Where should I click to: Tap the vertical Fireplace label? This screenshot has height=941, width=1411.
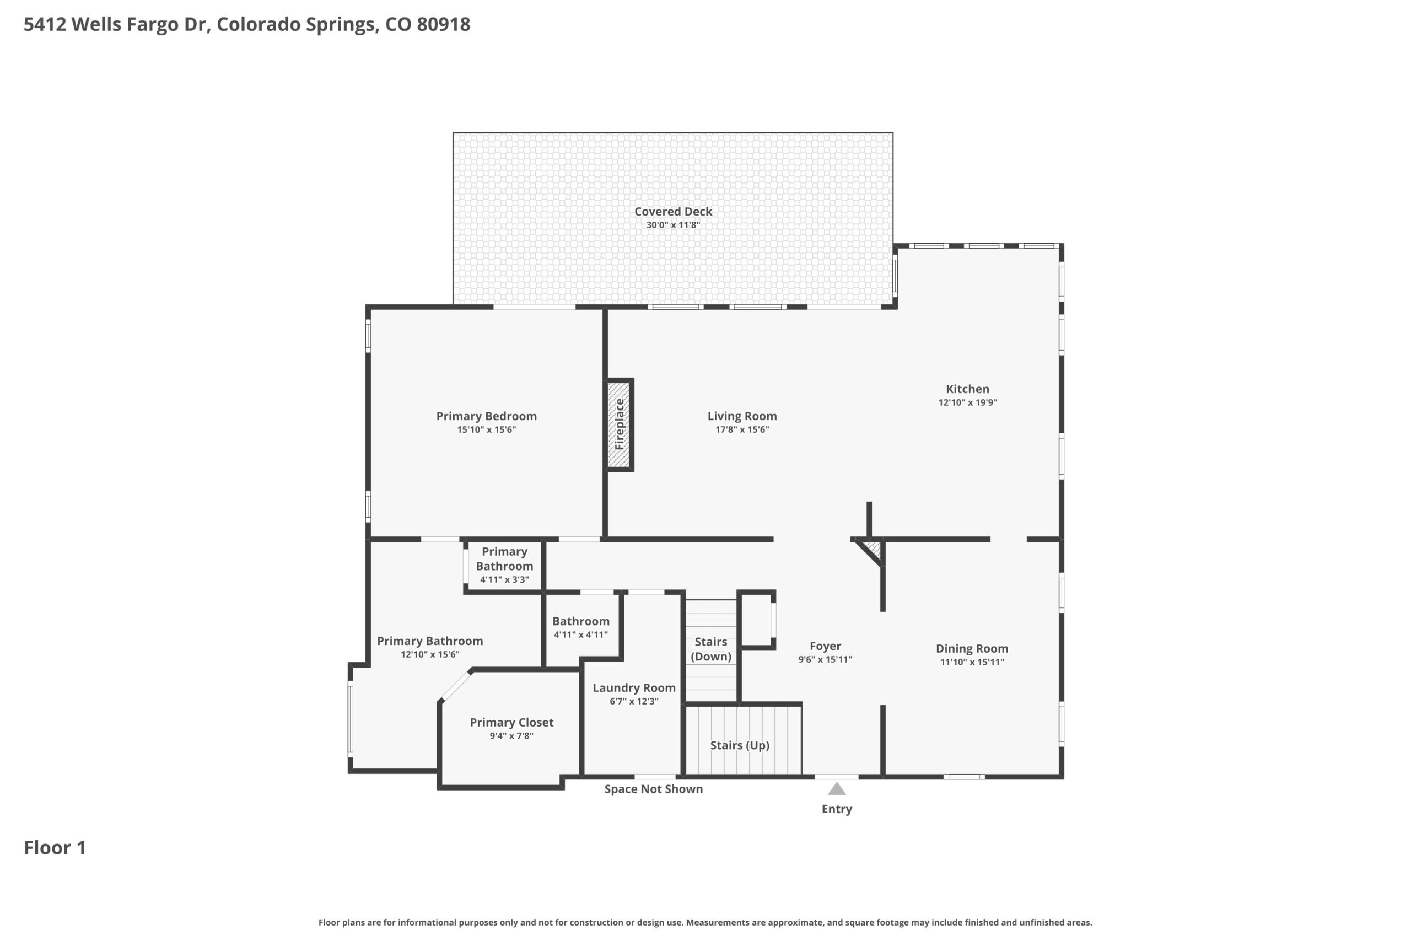(x=620, y=424)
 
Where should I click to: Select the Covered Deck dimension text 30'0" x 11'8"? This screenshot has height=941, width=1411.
(x=673, y=225)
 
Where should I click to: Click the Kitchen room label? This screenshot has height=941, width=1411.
(x=968, y=389)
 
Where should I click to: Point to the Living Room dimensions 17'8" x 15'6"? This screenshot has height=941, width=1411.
(x=742, y=429)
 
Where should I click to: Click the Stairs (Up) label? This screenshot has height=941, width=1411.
(x=740, y=745)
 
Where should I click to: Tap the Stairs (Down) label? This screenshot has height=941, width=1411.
(x=711, y=649)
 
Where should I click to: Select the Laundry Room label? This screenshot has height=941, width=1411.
(x=634, y=689)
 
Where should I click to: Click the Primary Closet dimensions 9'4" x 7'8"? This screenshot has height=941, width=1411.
(x=511, y=736)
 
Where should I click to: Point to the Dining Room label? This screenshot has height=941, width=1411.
(x=972, y=649)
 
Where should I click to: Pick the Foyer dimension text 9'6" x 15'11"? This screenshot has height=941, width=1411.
(x=825, y=659)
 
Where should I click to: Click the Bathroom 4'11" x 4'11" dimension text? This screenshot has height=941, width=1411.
(x=581, y=635)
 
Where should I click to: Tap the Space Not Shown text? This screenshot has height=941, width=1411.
(x=653, y=789)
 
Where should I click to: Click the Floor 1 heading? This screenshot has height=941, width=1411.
(x=55, y=847)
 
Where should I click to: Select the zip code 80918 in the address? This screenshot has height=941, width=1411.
(x=443, y=24)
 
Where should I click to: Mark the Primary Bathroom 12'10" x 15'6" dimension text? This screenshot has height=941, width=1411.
(x=430, y=655)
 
